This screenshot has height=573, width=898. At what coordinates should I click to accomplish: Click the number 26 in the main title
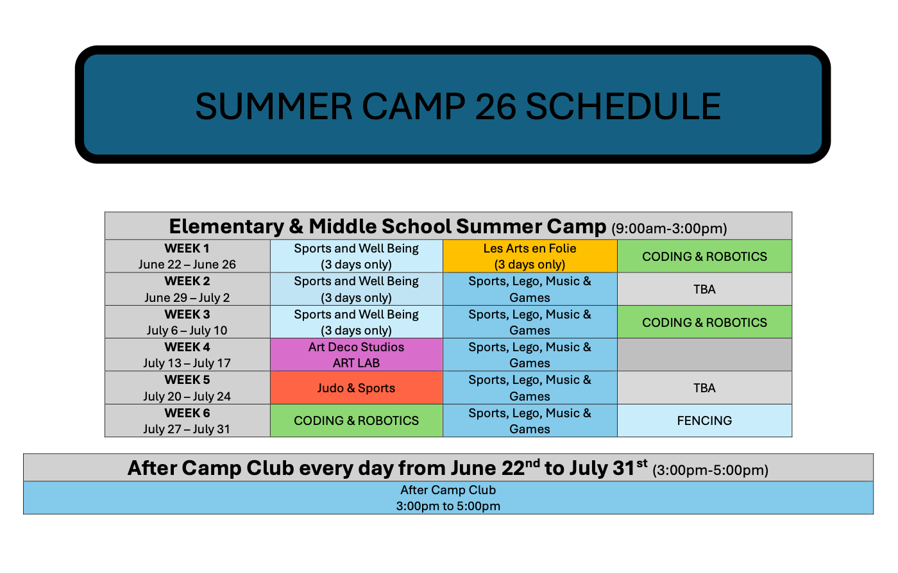495,106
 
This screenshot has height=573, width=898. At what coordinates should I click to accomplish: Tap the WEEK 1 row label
187,249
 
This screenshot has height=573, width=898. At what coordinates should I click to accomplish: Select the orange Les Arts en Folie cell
530,256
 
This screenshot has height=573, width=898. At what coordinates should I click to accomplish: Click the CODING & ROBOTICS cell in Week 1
704,256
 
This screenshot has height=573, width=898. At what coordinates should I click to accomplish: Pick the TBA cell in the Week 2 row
704,289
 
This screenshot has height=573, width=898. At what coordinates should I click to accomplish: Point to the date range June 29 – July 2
187,298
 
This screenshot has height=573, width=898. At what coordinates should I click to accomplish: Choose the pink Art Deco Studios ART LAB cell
357,354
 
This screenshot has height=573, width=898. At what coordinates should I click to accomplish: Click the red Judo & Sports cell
357,388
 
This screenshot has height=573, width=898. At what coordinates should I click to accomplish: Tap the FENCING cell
704,420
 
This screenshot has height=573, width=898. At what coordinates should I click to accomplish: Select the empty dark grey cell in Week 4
704,354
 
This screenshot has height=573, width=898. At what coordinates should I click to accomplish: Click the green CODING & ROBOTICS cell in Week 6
357,420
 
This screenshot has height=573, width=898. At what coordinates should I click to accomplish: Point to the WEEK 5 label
187,380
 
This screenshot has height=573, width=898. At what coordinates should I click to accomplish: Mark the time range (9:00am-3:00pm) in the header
669,229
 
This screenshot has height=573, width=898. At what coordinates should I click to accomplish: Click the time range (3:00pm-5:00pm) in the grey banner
711,470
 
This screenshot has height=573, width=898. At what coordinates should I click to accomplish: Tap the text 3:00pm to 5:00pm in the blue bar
448,506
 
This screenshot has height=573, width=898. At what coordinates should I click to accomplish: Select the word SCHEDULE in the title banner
623,106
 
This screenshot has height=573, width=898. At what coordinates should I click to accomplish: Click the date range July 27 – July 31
187,429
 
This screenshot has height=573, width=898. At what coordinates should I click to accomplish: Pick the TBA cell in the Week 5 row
704,388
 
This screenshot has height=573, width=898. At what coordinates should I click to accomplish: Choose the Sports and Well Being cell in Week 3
357,322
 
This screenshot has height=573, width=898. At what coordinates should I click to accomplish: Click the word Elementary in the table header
226,227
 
